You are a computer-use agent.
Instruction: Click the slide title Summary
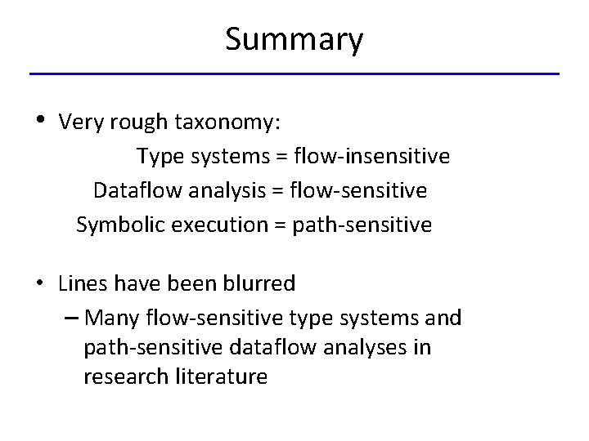[x=294, y=39]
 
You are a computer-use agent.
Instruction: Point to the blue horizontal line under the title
[x=294, y=74]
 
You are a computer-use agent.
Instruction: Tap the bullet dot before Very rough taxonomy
[x=41, y=121]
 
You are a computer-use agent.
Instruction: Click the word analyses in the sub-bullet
[x=368, y=348]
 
